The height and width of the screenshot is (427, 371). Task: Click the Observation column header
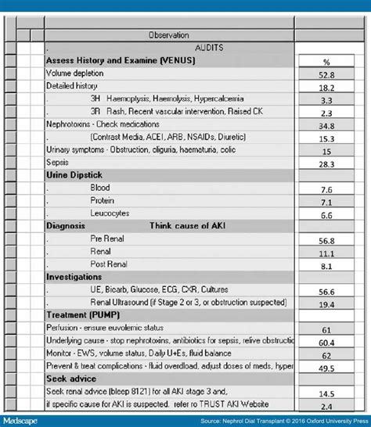click(168, 35)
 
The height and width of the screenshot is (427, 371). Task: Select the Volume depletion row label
click(74, 73)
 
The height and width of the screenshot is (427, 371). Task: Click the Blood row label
click(100, 188)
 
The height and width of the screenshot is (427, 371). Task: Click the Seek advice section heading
click(71, 379)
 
